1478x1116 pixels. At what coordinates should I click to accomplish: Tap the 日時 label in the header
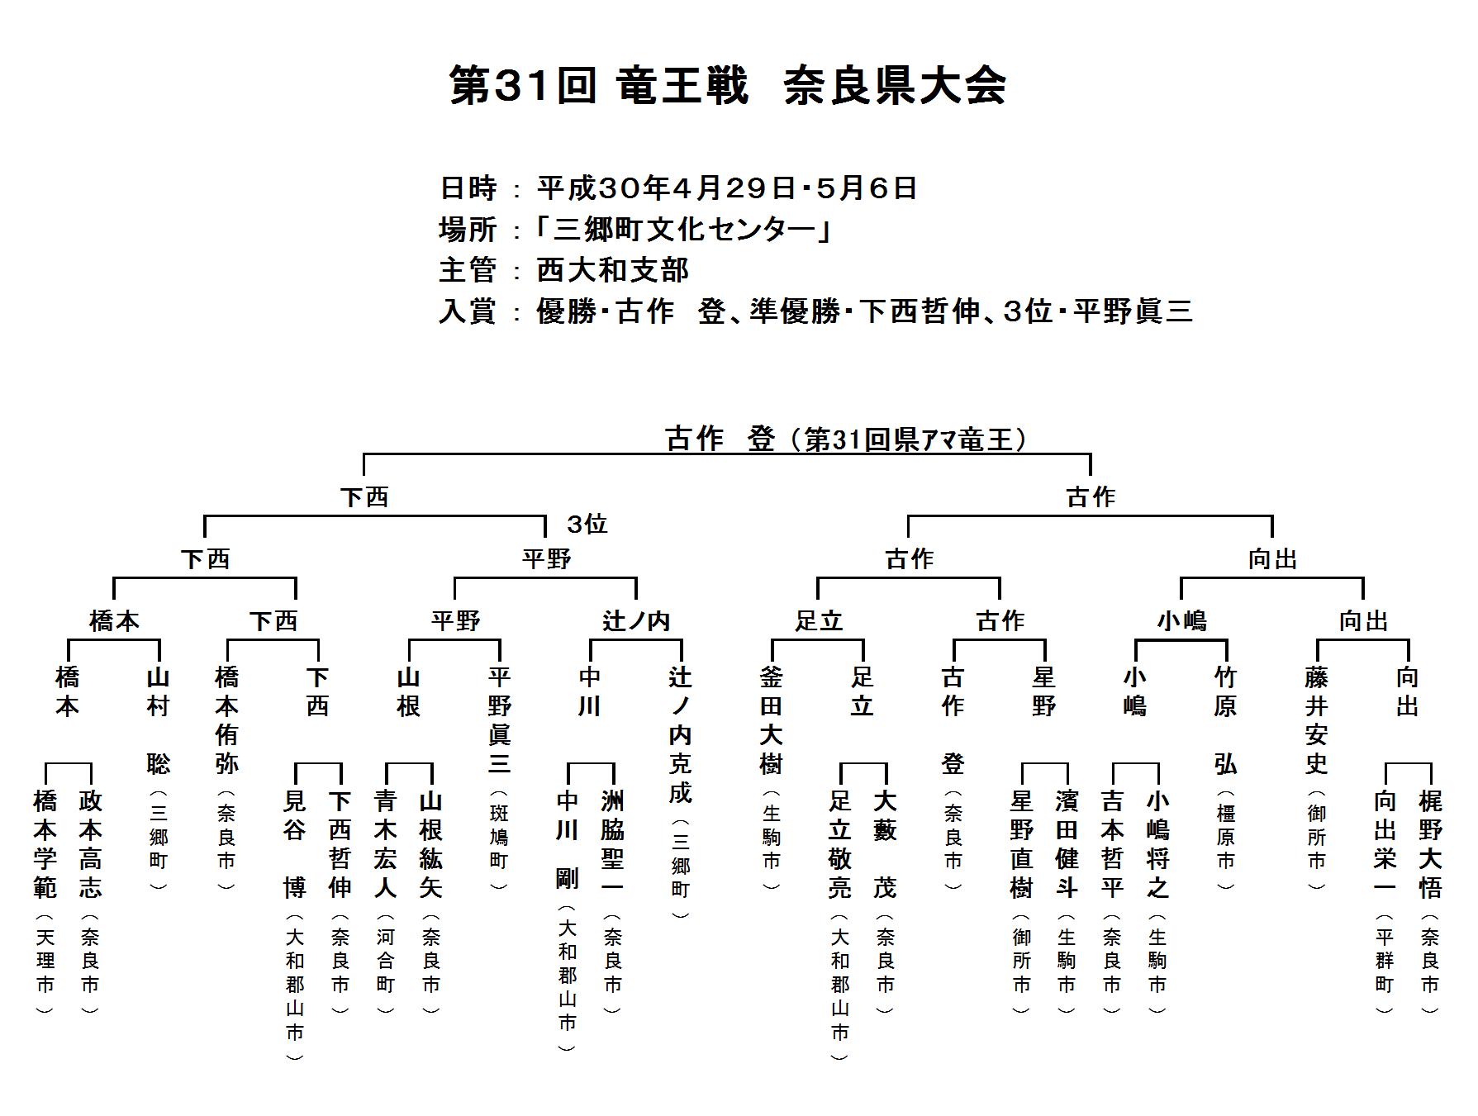coord(468,188)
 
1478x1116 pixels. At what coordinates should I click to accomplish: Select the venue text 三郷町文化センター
coord(684,229)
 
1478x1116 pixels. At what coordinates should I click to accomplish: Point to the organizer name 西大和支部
coord(612,270)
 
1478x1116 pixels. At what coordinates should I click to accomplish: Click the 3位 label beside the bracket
coord(587,524)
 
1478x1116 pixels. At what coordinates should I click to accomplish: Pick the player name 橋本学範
coord(45,843)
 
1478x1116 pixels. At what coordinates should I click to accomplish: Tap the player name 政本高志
coord(90,843)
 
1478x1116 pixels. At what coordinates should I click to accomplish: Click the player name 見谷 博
coord(294,843)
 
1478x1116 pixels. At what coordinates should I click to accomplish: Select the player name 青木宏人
coord(386,843)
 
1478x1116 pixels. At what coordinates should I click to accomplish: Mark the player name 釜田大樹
coord(771,720)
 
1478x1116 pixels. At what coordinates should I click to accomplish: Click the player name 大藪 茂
coord(885,843)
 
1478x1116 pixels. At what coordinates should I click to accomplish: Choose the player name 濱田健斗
coord(1067,843)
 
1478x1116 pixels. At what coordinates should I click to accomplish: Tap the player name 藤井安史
coord(1316,720)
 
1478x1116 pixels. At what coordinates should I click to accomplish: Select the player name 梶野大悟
coord(1430,843)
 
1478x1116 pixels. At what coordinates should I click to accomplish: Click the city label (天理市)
coord(45,963)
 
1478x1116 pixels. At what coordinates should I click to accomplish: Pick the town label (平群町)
coord(1385,963)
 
